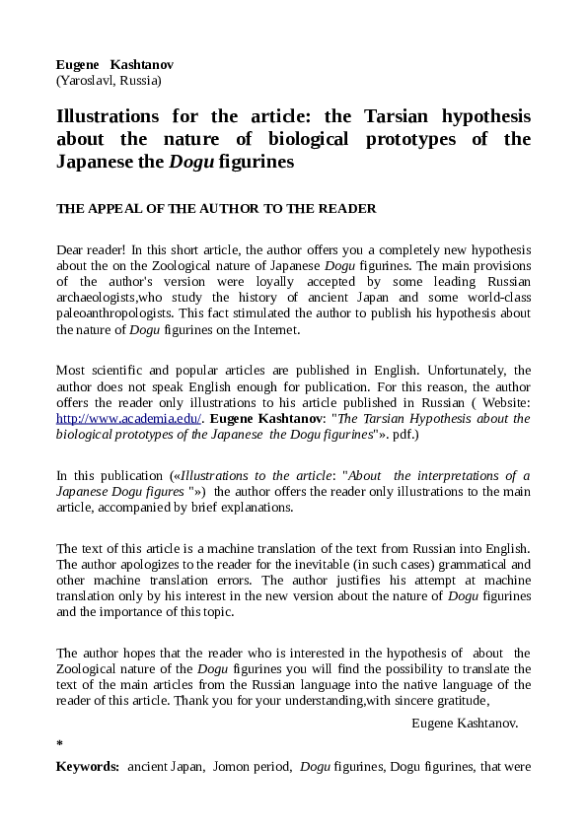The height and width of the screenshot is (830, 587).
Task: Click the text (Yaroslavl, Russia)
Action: pyautogui.click(x=109, y=81)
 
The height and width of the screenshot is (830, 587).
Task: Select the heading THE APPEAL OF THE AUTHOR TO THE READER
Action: pyautogui.click(x=216, y=208)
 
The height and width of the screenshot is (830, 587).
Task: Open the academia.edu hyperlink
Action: pyautogui.click(x=129, y=418)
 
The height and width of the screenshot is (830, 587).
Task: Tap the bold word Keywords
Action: pyautogui.click(x=88, y=765)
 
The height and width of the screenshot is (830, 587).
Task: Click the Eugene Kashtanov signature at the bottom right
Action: pyautogui.click(x=464, y=723)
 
